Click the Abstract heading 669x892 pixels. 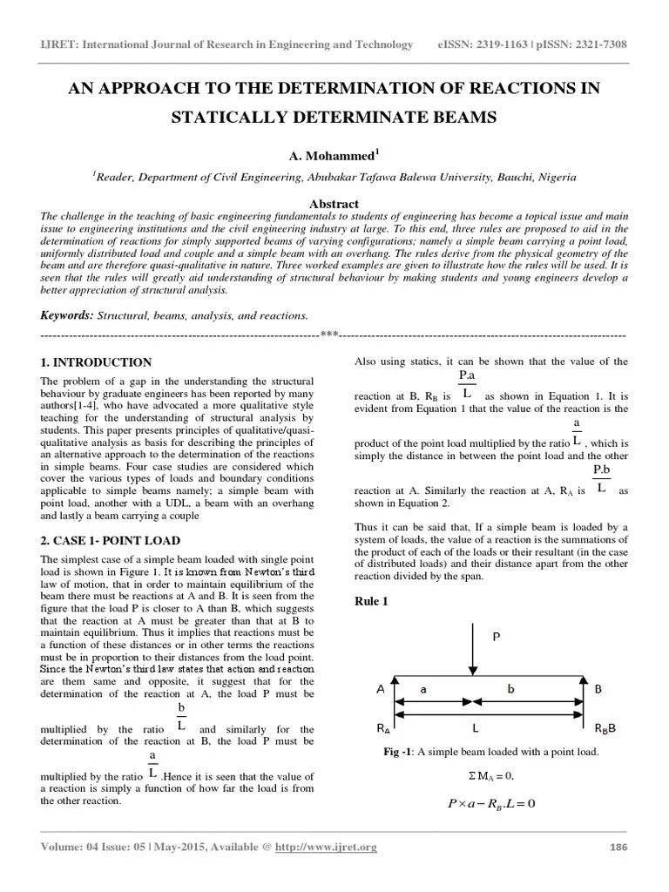334,204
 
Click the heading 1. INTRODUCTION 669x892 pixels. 96,362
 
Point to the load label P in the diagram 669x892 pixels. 497,637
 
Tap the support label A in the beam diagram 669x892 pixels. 380,688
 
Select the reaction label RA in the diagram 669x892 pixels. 382,726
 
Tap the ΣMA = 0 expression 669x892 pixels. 485,775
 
